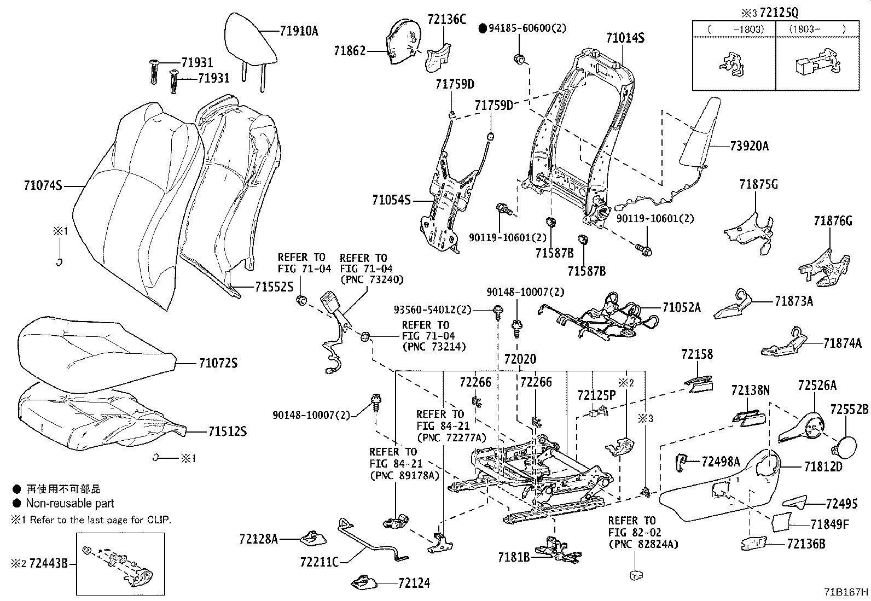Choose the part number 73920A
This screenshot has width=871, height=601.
pyautogui.click(x=749, y=146)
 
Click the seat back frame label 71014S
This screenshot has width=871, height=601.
pyautogui.click(x=625, y=38)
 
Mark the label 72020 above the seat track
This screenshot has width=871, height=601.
pyautogui.click(x=520, y=359)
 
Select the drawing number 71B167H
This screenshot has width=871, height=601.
pyautogui.click(x=847, y=592)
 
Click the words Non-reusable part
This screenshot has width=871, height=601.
pyautogui.click(x=70, y=503)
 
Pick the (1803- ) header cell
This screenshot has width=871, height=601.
pyautogui.click(x=817, y=29)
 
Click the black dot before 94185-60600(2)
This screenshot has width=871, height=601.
pyautogui.click(x=483, y=28)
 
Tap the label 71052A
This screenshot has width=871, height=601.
pyautogui.click(x=681, y=307)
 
